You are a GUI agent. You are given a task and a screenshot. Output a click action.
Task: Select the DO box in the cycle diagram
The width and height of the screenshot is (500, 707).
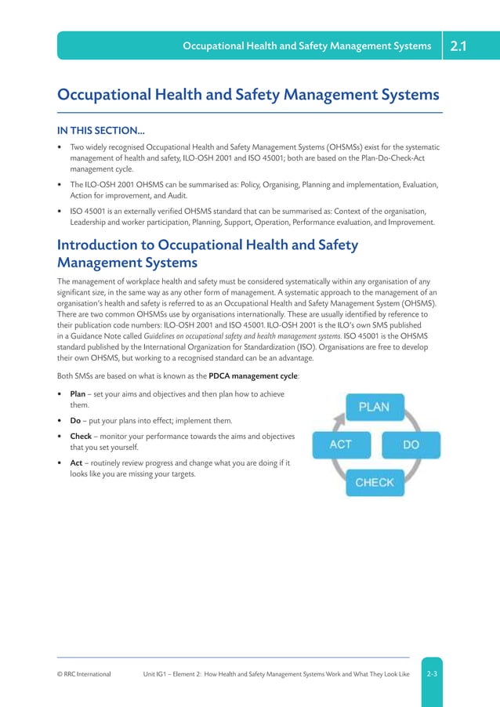(x=411, y=444)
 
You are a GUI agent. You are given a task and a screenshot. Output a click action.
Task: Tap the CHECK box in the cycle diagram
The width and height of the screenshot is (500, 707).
(x=374, y=482)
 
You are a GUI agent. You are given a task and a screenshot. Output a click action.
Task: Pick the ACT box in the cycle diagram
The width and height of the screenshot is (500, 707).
(x=340, y=444)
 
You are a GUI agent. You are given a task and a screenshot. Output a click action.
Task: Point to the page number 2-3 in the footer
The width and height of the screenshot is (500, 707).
(x=432, y=673)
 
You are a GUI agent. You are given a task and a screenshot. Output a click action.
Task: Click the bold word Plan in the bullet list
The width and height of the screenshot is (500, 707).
(x=78, y=393)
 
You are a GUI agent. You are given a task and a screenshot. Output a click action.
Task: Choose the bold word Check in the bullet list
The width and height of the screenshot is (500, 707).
(x=82, y=436)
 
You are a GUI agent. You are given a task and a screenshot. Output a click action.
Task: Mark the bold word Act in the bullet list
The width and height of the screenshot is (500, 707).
(x=77, y=462)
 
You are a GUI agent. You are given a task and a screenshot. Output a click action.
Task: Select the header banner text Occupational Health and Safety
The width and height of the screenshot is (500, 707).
(x=306, y=46)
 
